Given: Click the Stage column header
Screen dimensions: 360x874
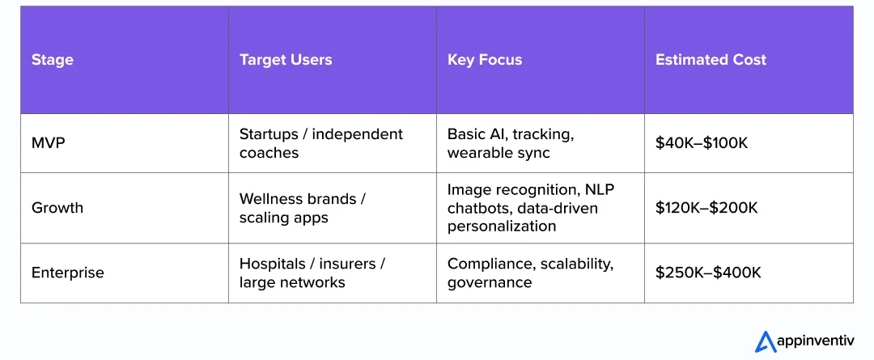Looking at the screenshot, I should tap(53, 60).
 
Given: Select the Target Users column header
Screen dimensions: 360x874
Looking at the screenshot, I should tap(286, 60).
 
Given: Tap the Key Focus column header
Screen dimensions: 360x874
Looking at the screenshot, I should tap(485, 60).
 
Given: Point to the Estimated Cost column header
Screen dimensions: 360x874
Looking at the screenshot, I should tap(711, 60).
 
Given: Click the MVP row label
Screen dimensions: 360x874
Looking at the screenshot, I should tap(48, 143).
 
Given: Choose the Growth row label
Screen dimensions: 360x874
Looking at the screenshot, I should tap(57, 208).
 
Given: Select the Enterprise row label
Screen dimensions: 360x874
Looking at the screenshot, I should tap(68, 273).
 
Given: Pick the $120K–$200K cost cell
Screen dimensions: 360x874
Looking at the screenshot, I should tap(706, 208).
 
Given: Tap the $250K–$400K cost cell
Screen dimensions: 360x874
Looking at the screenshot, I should tap(708, 273).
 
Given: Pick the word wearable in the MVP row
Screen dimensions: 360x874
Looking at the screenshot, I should tap(479, 153).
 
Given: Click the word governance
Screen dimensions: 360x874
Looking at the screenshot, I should tap(490, 282).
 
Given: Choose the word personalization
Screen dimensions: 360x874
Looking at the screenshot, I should tap(502, 227).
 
